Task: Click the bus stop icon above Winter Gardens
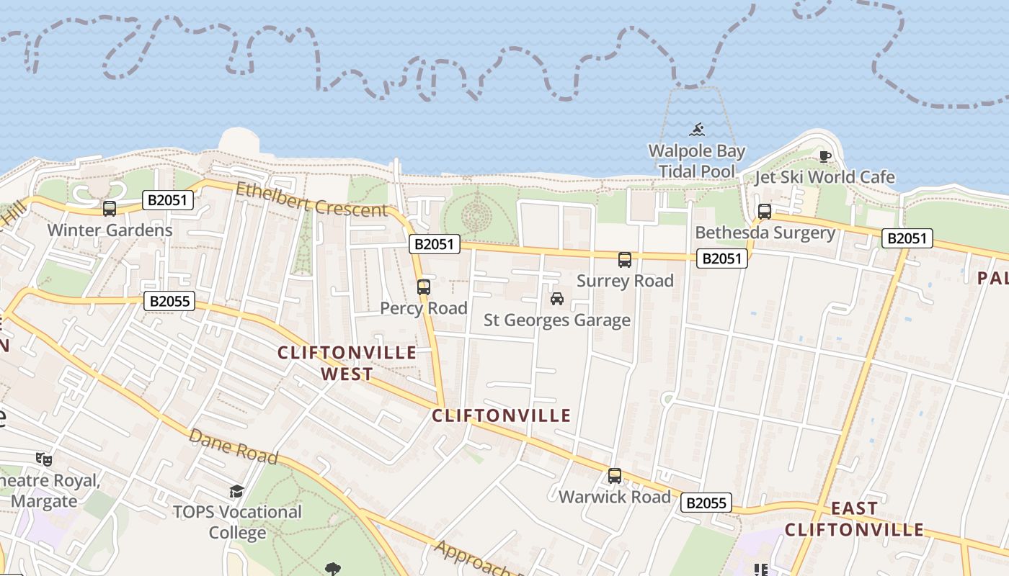click(x=110, y=209)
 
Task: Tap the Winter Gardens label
click(x=110, y=230)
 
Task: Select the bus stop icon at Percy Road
click(x=424, y=287)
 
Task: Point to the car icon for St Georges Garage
click(x=556, y=299)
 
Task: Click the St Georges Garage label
click(x=556, y=320)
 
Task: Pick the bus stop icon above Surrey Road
click(x=625, y=260)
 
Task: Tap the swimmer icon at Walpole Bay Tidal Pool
click(x=697, y=130)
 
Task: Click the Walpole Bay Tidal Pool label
click(x=696, y=161)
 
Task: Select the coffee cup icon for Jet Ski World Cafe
click(x=825, y=156)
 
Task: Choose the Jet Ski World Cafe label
click(x=824, y=177)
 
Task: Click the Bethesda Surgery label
click(x=765, y=233)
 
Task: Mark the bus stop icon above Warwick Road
click(x=615, y=476)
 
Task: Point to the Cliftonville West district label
click(x=347, y=363)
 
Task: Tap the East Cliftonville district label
click(x=854, y=519)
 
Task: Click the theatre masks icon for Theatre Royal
click(x=44, y=459)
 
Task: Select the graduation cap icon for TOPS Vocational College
click(x=236, y=492)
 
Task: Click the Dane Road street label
click(x=234, y=446)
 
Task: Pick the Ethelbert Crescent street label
click(x=311, y=199)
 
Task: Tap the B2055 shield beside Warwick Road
click(x=706, y=503)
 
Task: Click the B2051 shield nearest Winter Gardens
click(x=168, y=200)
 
